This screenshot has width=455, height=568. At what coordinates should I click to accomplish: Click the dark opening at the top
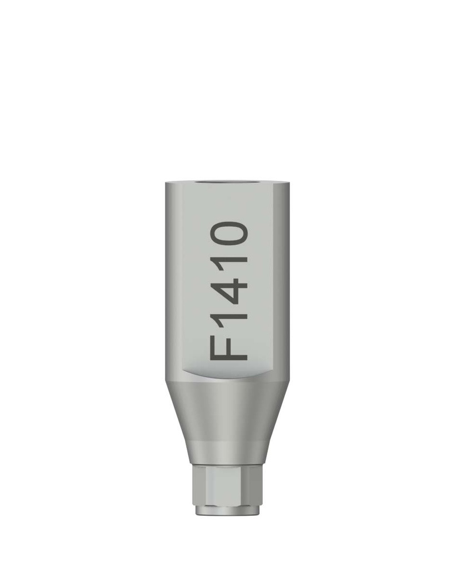pos(227,182)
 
